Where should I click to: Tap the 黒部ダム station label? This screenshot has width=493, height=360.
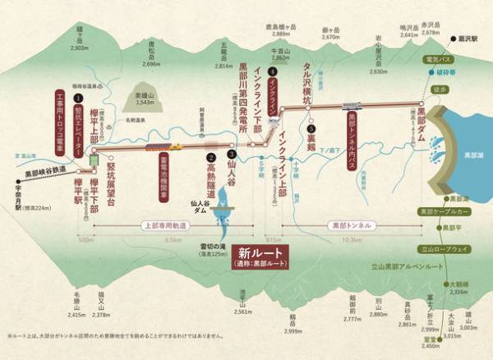click(x=421, y=124)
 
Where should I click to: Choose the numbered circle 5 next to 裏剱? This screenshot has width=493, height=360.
click(x=311, y=129)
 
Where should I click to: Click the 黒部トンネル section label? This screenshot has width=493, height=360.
click(x=348, y=223)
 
